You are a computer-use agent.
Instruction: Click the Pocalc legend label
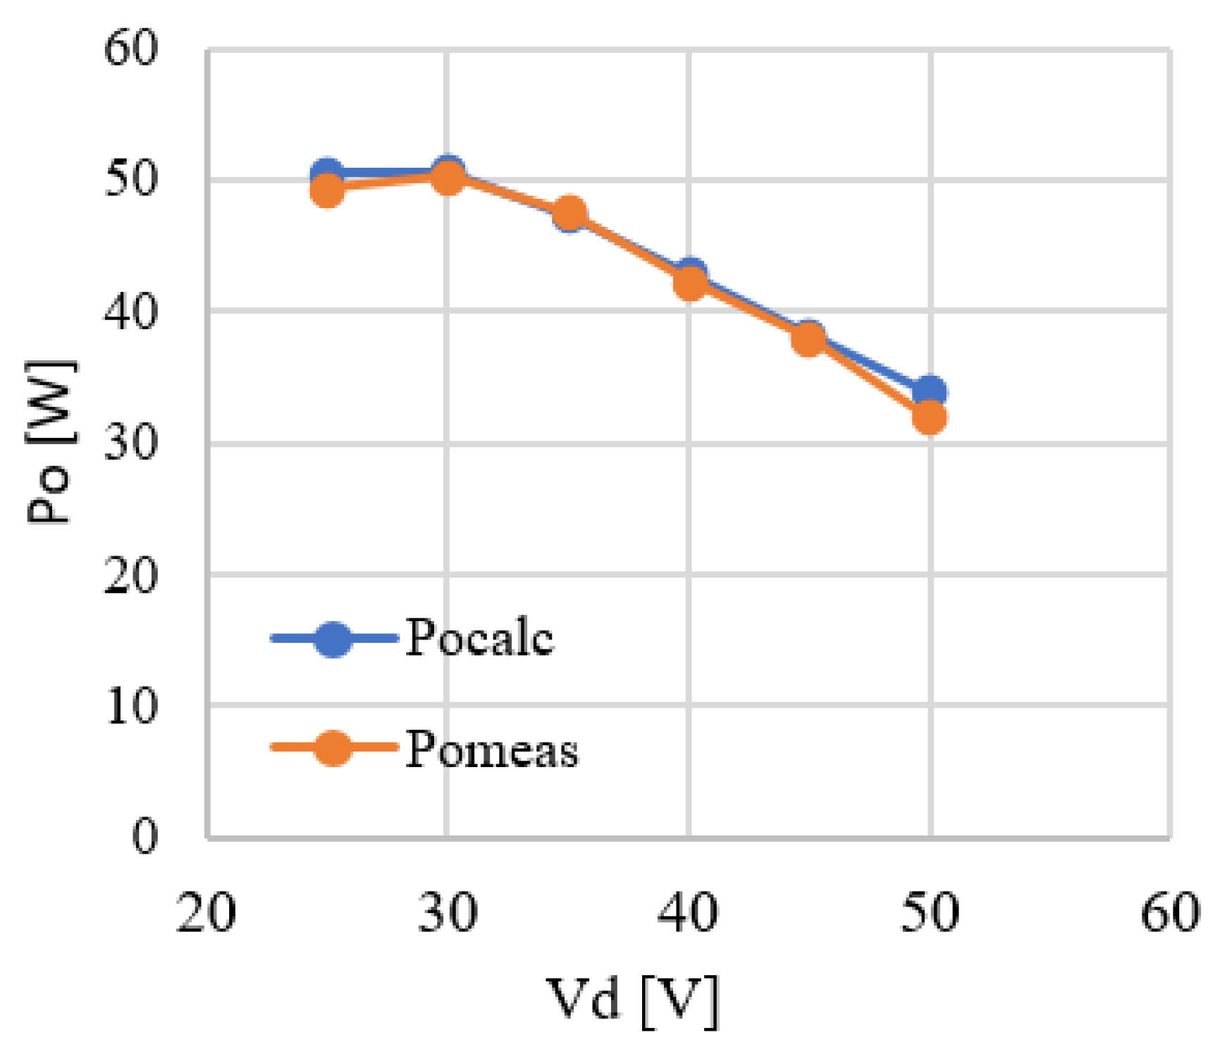click(479, 638)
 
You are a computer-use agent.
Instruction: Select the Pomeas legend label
click(491, 749)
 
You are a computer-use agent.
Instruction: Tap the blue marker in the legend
click(332, 639)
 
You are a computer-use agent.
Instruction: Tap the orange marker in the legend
click(332, 748)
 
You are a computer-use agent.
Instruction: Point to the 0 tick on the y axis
click(144, 838)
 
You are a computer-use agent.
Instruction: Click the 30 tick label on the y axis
click(130, 443)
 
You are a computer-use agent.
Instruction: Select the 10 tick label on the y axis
click(132, 706)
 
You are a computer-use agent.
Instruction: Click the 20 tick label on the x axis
click(206, 914)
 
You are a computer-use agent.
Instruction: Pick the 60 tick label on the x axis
click(1170, 914)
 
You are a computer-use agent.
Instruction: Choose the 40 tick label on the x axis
click(688, 914)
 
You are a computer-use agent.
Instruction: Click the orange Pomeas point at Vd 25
click(327, 190)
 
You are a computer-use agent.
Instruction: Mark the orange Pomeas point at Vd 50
click(930, 417)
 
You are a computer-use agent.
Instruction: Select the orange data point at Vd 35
click(569, 214)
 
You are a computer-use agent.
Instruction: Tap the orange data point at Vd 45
click(808, 339)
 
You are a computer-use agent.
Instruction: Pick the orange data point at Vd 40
click(689, 283)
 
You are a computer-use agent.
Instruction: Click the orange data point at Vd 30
click(448, 178)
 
